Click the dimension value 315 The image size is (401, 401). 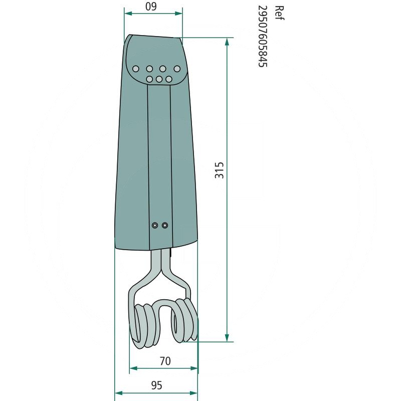pos(219,170)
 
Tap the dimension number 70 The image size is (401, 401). pos(165,361)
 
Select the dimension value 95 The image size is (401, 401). pos(156,385)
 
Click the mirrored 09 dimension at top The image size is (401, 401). pos(151,7)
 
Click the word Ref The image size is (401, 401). pos(279,13)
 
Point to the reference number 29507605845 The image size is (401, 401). pos(263,36)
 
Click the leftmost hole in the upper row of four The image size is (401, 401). pos(136,69)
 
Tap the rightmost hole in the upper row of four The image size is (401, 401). pos(177,69)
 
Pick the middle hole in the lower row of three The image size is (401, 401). pos(159,79)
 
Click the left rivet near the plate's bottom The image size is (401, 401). pos(155,225)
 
